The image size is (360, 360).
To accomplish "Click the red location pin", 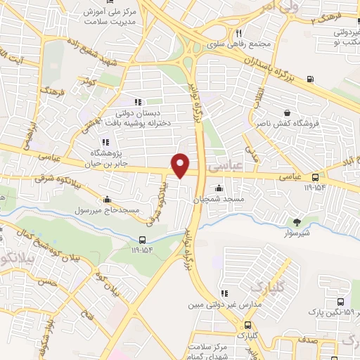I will [x=181, y=165].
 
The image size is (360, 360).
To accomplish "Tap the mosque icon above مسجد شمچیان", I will [x=219, y=188].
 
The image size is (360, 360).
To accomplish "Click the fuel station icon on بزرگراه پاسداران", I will [x=311, y=78].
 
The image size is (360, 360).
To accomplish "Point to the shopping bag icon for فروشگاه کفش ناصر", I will [x=287, y=112].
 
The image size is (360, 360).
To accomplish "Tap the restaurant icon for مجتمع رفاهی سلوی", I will [x=239, y=33].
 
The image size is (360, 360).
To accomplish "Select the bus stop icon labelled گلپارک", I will [x=247, y=325].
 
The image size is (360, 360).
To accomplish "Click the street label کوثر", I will [x=89, y=83].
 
